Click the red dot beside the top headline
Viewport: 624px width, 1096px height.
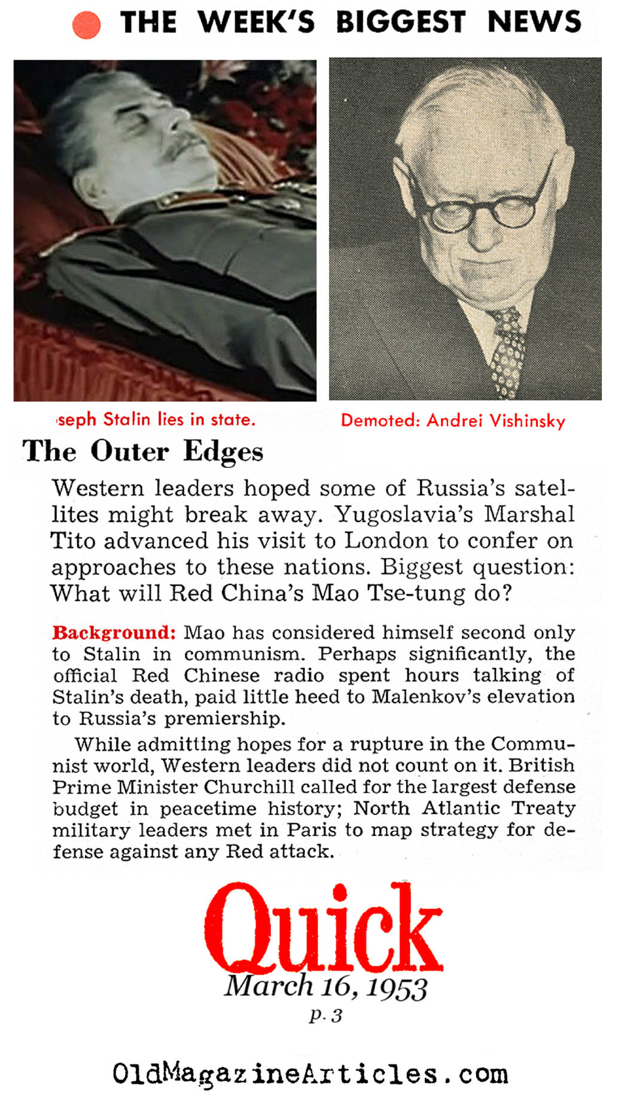[x=86, y=25]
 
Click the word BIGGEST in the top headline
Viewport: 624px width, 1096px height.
[x=400, y=23]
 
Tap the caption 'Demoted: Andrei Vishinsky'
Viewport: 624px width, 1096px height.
[x=453, y=421]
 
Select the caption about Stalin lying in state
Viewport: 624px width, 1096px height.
[x=156, y=420]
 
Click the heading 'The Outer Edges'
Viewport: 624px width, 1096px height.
[x=143, y=451]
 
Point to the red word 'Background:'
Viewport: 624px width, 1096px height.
[x=114, y=632]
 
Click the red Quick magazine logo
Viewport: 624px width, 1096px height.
[x=323, y=927]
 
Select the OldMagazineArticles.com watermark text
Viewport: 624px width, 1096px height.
[x=310, y=1073]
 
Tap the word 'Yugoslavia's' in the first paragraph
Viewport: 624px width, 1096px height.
[x=404, y=515]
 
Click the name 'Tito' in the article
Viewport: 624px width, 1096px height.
[x=72, y=541]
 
